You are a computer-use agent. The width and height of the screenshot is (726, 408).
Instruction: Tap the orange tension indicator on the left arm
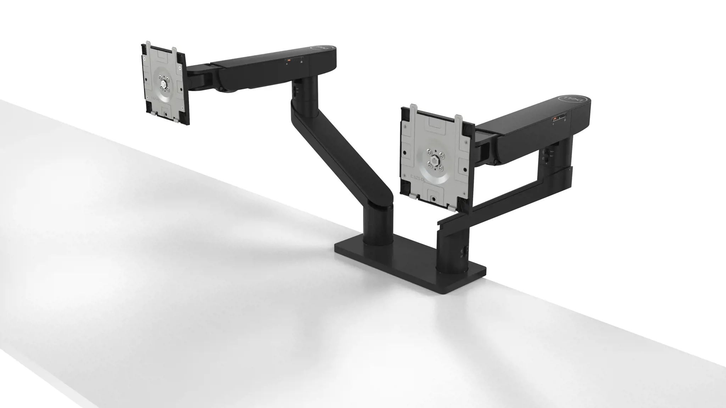tap(289, 61)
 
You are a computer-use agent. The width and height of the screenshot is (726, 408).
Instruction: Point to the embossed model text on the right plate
tap(420, 176)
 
